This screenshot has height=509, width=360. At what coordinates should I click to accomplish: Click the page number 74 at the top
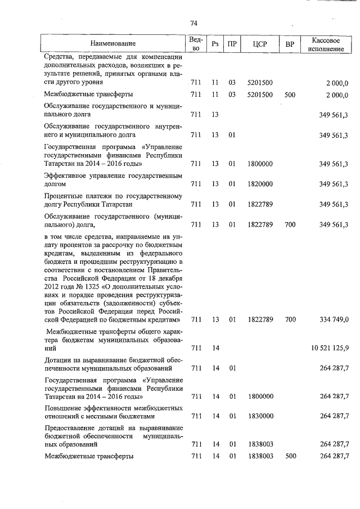tap(193, 23)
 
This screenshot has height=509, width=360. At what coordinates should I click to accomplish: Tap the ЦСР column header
tap(259, 43)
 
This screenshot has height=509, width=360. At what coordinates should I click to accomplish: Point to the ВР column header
tap(290, 43)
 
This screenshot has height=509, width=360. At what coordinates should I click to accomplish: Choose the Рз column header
tap(215, 43)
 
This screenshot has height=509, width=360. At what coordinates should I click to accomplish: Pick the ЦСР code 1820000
tap(260, 184)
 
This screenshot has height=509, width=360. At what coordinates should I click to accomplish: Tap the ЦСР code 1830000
tap(260, 416)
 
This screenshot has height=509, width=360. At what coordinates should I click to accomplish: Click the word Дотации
tap(57, 359)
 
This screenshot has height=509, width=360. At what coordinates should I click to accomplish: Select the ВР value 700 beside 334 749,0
tap(290, 319)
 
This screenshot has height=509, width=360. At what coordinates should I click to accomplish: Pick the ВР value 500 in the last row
tap(290, 456)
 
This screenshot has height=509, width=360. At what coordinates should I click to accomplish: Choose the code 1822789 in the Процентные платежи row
tap(260, 204)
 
